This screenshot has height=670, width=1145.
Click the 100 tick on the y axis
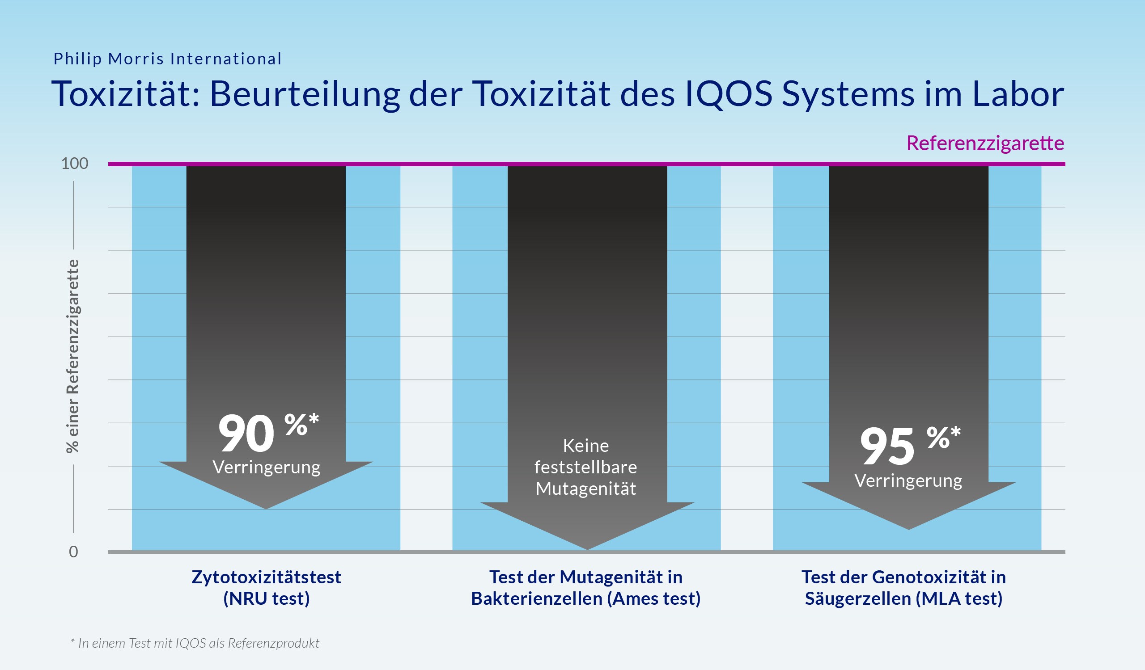[75, 164]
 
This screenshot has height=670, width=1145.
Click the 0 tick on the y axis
[73, 552]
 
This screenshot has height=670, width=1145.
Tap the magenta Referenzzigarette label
[985, 143]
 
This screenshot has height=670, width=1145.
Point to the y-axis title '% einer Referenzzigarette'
[73, 356]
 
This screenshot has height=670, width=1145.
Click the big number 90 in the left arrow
[246, 434]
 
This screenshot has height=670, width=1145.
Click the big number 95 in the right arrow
[887, 447]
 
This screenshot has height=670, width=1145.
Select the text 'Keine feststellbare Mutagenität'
[585, 467]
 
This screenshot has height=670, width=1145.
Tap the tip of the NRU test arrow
[266, 508]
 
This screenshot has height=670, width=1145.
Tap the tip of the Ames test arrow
[588, 548]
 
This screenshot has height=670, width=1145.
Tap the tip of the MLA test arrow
[909, 528]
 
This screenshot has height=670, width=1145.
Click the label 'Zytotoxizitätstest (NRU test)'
[266, 587]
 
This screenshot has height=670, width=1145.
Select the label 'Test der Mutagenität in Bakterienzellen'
[585, 587]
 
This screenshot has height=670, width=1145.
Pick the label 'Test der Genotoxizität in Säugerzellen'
[904, 587]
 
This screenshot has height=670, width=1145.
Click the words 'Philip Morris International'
[168, 59]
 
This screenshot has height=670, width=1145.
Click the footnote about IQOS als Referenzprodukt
[195, 643]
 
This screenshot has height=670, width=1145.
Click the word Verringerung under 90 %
[266, 467]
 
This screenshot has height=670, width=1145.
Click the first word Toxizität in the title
[125, 94]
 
